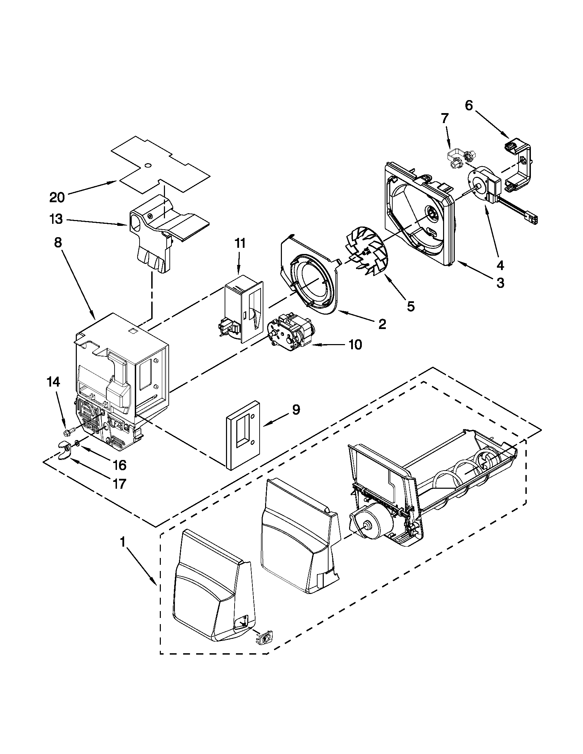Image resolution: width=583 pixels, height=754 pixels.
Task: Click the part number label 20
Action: pos(57,197)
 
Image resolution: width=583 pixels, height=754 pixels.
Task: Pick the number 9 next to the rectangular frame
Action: pos(296,410)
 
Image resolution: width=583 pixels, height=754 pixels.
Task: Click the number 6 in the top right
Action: pos(469,106)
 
